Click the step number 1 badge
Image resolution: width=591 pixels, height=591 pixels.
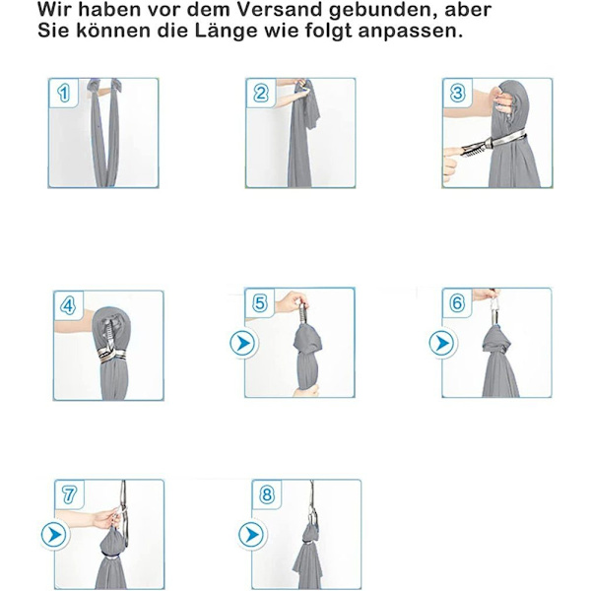tap(64, 93)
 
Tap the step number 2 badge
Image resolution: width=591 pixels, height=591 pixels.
tap(261, 93)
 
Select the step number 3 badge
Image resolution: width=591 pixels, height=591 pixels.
tap(458, 93)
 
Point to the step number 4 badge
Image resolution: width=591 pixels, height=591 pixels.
tap(68, 305)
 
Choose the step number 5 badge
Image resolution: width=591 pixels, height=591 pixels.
tap(260, 302)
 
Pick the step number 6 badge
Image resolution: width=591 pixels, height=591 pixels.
tap(457, 302)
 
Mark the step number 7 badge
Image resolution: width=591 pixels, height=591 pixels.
tap(69, 494)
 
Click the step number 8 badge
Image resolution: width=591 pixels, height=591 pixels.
tap(267, 494)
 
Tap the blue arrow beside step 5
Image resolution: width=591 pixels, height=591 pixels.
tap(244, 344)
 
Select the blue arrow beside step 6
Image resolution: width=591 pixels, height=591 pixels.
tap(443, 344)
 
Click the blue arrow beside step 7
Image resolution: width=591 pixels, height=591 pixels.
tap(55, 535)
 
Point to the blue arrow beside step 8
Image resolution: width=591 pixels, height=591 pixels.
tap(253, 535)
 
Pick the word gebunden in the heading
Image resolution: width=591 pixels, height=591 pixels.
tap(384, 11)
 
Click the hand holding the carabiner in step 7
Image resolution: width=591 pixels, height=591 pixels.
tap(106, 518)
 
